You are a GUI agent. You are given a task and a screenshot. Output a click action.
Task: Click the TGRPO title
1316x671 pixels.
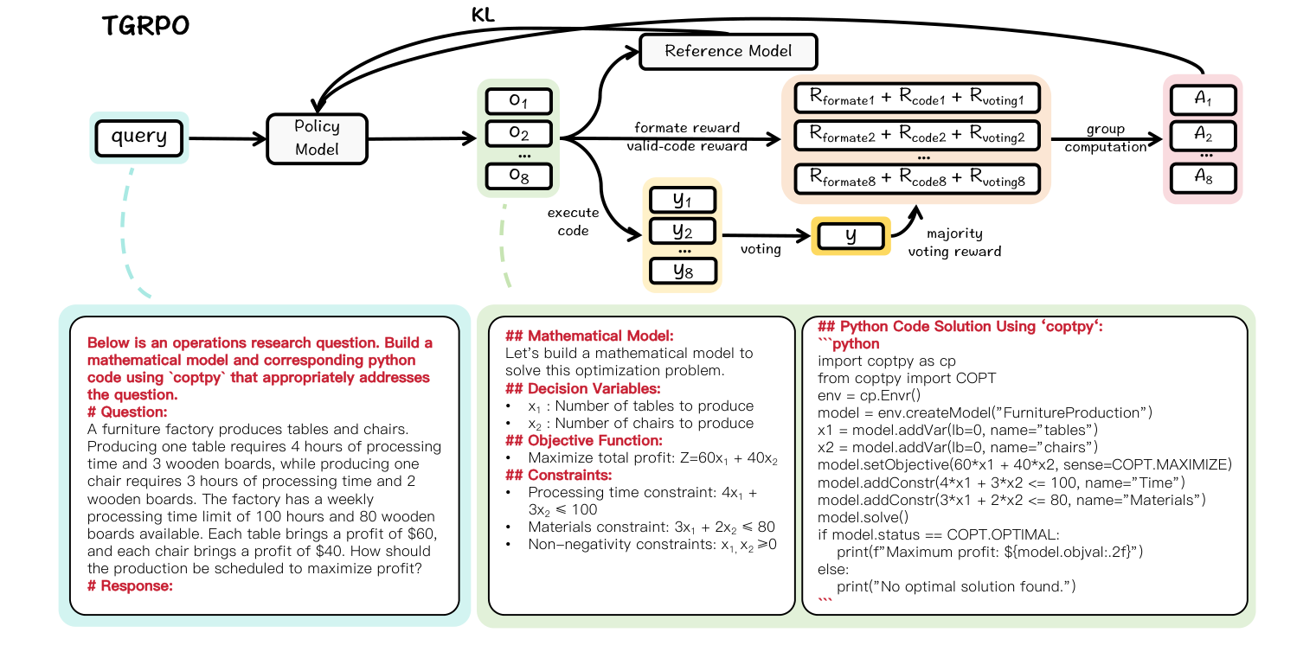click(145, 26)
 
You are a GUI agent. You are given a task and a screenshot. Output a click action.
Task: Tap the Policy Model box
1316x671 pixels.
click(317, 137)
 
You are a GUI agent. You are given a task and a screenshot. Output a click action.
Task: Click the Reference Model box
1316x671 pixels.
click(728, 51)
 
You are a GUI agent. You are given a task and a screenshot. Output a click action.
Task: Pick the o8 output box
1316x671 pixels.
click(518, 176)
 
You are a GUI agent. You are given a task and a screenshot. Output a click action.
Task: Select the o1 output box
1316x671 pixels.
click(518, 101)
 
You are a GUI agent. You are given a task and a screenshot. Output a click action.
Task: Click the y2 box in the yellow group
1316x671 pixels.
click(683, 232)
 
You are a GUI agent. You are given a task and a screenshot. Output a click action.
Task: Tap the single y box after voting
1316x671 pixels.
click(851, 236)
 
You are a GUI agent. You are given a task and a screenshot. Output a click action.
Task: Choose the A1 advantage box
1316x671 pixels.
click(1203, 100)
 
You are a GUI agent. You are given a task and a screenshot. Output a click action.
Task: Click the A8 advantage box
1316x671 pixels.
click(1203, 177)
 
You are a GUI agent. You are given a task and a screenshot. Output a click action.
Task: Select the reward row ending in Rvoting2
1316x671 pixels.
click(916, 134)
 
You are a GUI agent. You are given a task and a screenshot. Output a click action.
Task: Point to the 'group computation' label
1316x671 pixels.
click(1105, 137)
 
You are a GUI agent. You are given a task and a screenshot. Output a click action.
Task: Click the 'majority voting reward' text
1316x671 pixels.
click(954, 243)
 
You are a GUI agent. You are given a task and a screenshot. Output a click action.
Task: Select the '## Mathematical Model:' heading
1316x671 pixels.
click(588, 335)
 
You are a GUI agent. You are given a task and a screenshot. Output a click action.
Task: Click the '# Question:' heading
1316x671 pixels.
click(127, 412)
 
